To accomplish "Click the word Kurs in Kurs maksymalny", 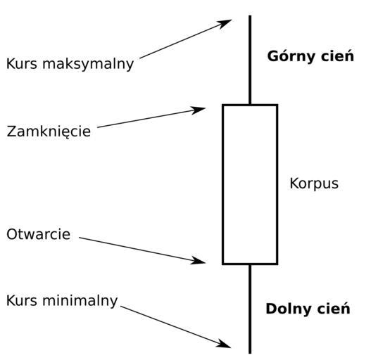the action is [22, 64].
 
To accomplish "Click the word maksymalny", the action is [88, 65].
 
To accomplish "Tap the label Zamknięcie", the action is [49, 131].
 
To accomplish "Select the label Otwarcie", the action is [38, 234].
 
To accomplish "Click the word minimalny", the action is [80, 302].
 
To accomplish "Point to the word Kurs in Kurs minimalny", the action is [22, 300].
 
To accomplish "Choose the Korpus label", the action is [314, 184].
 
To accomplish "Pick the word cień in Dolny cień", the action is [334, 309].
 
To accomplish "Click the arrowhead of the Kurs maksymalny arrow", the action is [225, 24].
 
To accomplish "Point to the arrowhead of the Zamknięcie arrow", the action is [198, 110].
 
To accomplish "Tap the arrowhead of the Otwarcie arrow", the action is [198, 260].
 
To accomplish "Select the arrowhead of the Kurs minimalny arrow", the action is [224, 344].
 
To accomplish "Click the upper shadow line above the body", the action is [250, 60].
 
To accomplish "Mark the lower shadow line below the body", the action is [250, 309].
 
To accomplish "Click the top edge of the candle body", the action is [250, 105].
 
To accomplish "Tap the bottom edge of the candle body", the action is [250, 264].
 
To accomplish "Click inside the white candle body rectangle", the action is [250, 184].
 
